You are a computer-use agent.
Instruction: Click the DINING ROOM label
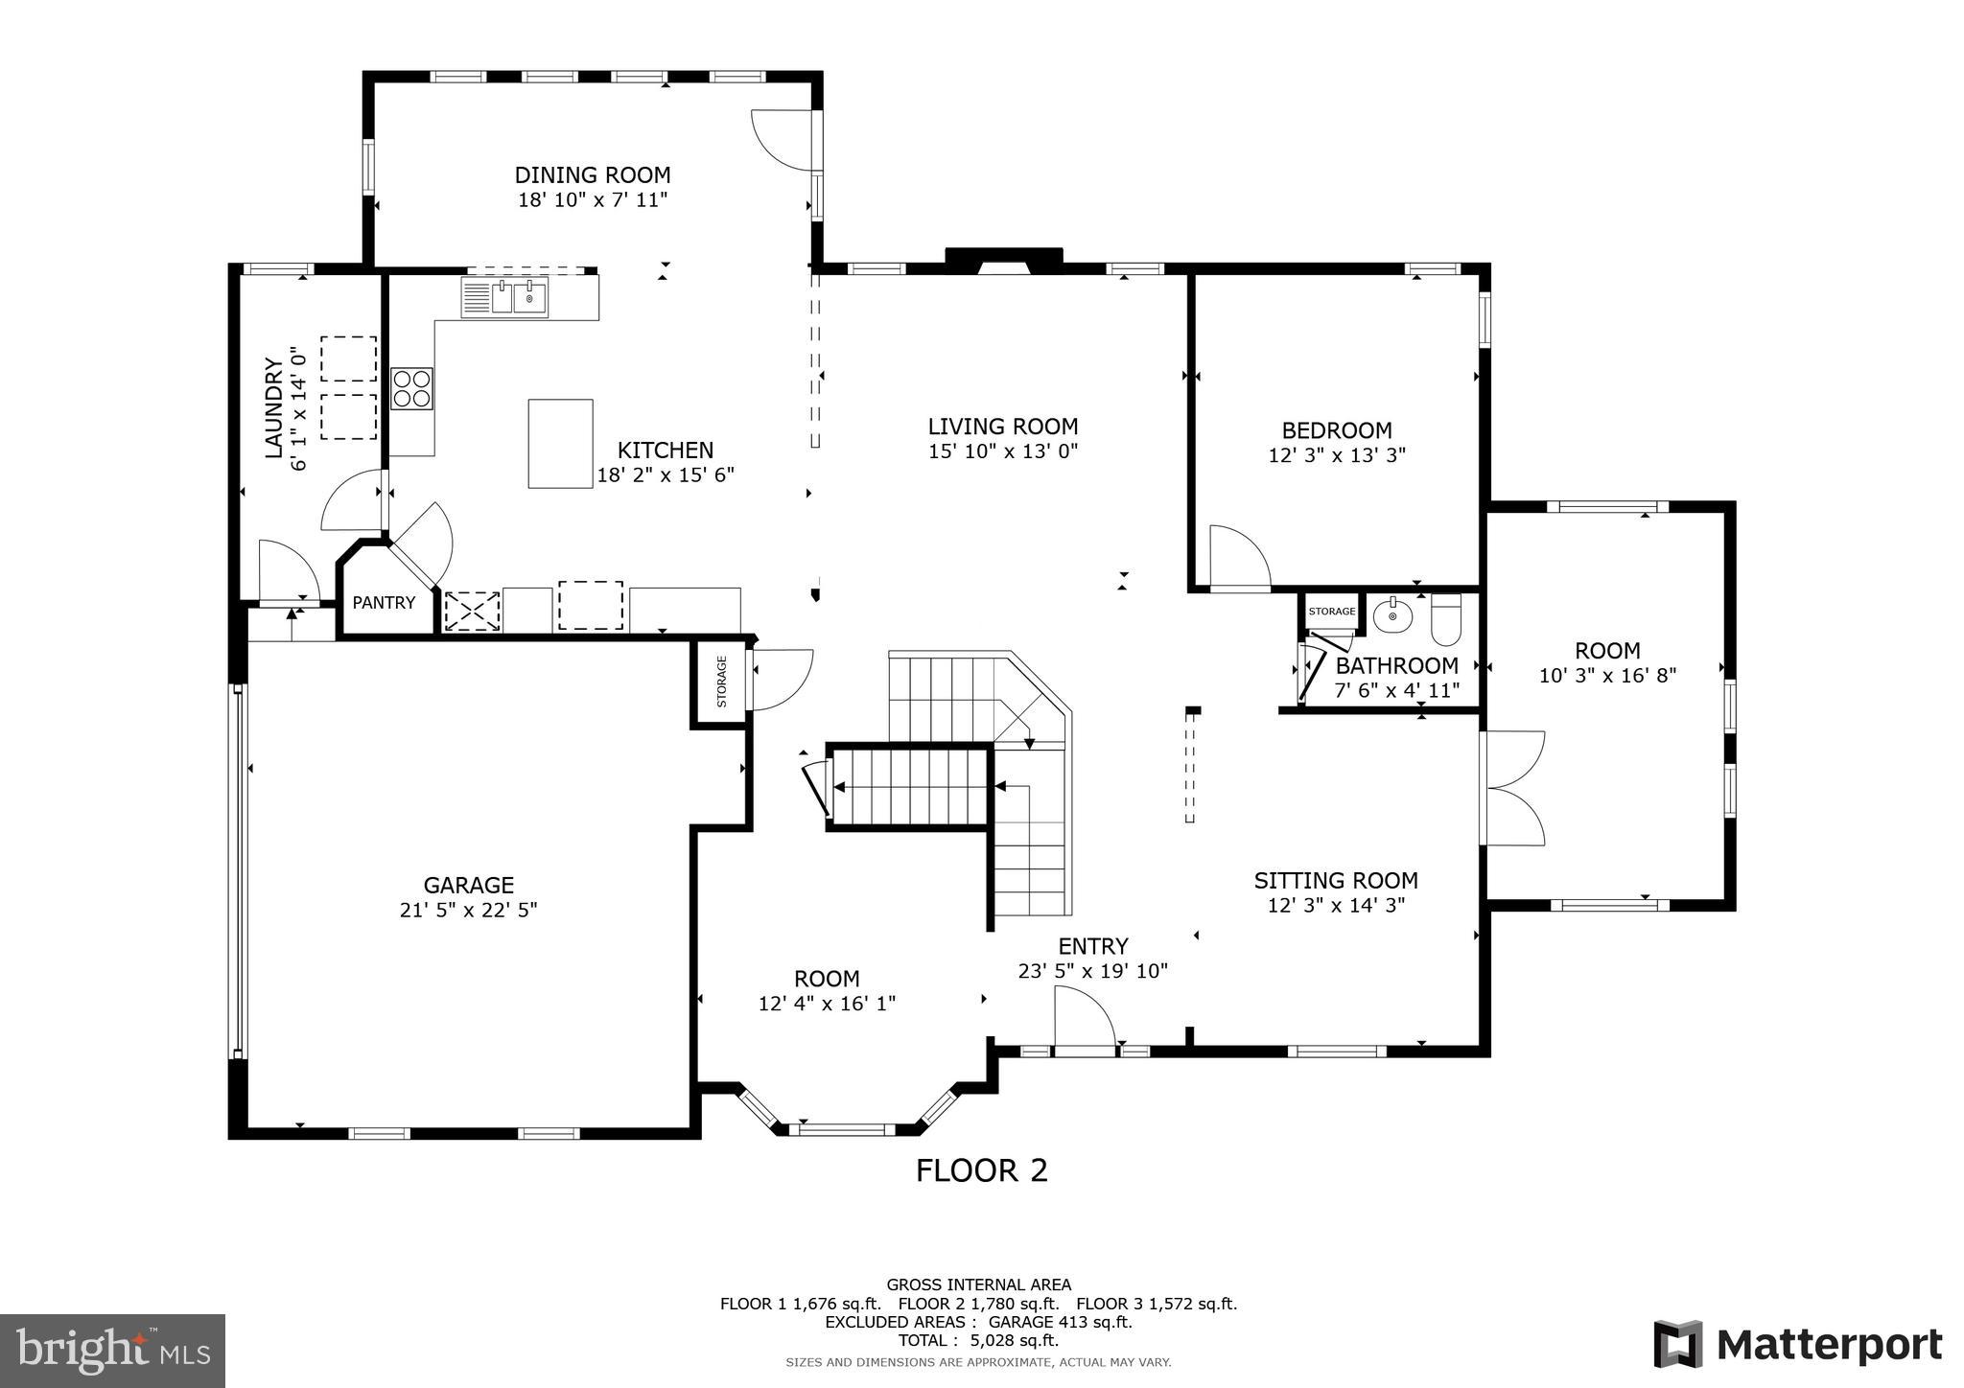593,175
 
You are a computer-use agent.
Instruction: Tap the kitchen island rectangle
560,444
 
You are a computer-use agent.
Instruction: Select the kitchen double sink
504,297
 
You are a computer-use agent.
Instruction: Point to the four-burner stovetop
411,389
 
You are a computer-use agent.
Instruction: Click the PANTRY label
384,603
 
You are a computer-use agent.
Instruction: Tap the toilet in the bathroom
1445,618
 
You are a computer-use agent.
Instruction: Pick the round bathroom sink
1392,615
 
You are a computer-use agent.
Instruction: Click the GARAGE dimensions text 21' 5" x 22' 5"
469,910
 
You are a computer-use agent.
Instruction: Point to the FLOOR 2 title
982,1170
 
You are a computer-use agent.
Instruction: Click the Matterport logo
1798,1344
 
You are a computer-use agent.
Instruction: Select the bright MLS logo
113,1351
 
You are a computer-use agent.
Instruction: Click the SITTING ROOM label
1336,881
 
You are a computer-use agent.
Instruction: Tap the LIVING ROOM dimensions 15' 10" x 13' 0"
1003,451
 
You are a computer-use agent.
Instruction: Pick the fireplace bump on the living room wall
1004,260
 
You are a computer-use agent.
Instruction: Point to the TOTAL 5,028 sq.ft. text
978,1341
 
